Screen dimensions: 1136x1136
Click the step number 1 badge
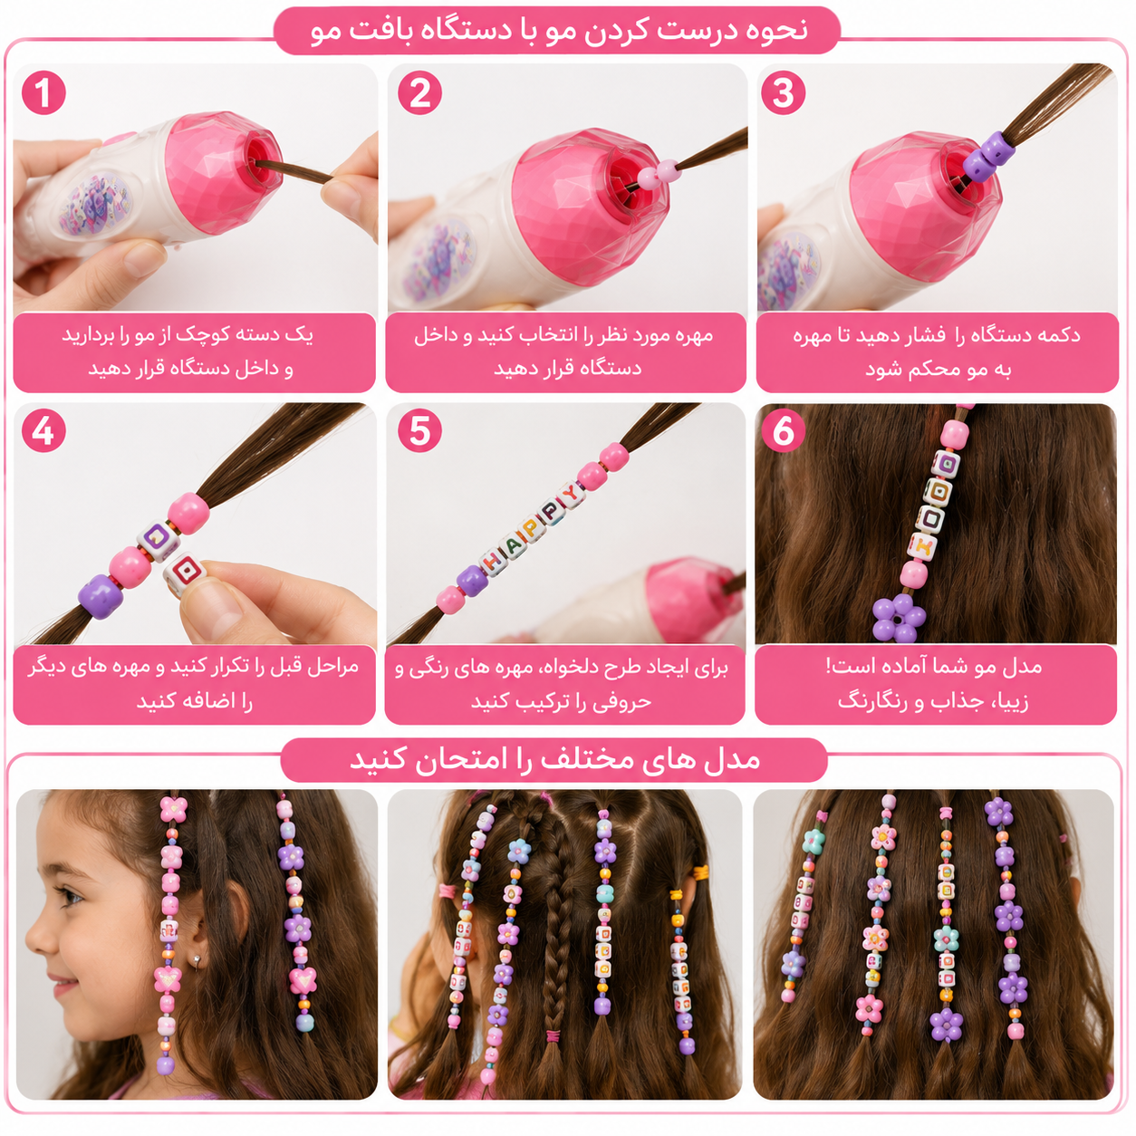click(x=43, y=92)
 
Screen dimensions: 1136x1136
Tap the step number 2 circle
click(x=419, y=92)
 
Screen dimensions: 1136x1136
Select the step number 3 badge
click(x=783, y=92)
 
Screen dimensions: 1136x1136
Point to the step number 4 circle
click(x=43, y=431)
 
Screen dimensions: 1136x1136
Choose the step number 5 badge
click(x=419, y=431)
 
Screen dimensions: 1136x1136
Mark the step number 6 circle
click(x=783, y=431)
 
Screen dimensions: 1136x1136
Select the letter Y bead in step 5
click(x=570, y=494)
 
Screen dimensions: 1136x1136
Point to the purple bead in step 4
click(x=101, y=596)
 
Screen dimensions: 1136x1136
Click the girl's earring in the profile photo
click(x=196, y=963)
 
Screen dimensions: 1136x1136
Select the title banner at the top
click(x=557, y=31)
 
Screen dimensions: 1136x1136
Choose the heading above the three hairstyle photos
click(x=554, y=759)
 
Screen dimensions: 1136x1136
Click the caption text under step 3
click(x=938, y=351)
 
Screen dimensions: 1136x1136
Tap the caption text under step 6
click(x=936, y=685)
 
